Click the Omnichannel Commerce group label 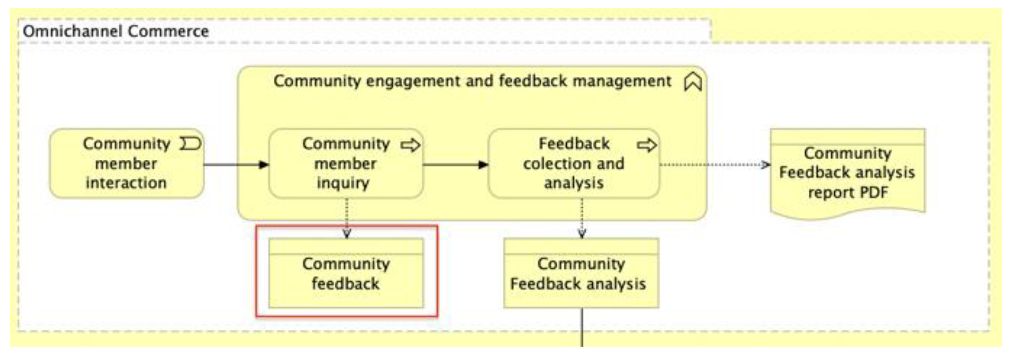coord(116,31)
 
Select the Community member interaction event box coord(126,164)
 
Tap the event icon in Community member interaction coord(190,144)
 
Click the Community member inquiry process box coord(346,164)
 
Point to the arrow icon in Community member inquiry coord(410,145)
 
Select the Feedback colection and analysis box coord(573,164)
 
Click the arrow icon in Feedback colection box coord(646,145)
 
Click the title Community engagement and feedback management coord(472,81)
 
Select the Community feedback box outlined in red coord(346,273)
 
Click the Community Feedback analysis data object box coord(581,273)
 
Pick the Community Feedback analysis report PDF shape coord(847,173)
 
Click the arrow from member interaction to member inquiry coord(235,164)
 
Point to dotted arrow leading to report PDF coord(714,164)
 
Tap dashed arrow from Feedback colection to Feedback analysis coord(581,218)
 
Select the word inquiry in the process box coord(342,183)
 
